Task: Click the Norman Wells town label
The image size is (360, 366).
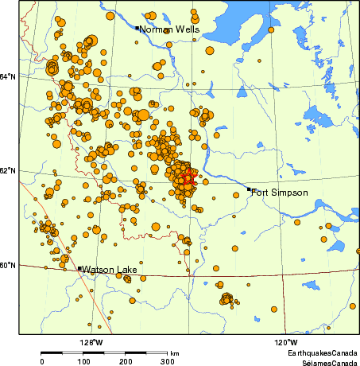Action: coord(170,29)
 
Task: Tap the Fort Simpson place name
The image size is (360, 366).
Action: coord(280,193)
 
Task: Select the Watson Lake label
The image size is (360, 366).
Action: coord(110,270)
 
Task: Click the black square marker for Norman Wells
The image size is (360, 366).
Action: coord(137,28)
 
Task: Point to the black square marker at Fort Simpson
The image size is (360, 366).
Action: coord(249,189)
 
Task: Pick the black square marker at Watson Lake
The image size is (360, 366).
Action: coord(79,269)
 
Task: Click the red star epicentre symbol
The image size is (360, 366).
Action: coord(188,180)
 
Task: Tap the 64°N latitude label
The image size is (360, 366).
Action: coord(8,76)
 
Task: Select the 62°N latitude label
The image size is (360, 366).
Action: coord(8,170)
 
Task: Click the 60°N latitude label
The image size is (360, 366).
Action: coord(8,265)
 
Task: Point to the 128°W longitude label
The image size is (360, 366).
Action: coord(92,342)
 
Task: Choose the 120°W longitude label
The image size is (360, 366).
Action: coord(286,342)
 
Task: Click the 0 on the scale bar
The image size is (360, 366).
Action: coord(42,361)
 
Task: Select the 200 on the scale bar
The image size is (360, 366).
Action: coord(126,361)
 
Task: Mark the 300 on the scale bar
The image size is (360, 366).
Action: coord(168,361)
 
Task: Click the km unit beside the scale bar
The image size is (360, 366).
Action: coord(174,352)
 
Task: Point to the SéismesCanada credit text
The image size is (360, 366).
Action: coord(322,360)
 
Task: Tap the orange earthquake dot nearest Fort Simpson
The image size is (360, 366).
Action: coord(236,194)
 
